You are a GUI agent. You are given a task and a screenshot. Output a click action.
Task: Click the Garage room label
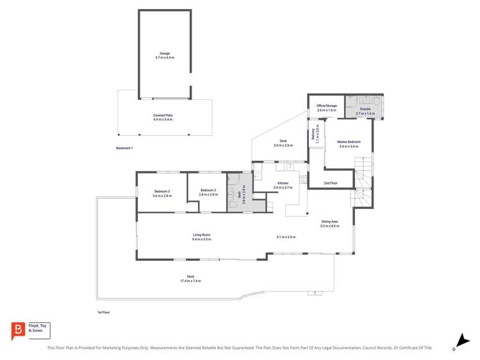coord(164,54)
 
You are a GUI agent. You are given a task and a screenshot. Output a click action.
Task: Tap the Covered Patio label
coord(163,115)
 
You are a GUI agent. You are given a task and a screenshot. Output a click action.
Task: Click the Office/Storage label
coord(326,106)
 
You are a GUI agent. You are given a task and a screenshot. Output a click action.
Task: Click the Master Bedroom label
coord(349,142)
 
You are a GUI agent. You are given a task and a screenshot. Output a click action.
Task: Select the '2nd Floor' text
coord(331,183)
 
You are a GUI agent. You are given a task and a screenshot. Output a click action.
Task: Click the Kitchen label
coord(283,183)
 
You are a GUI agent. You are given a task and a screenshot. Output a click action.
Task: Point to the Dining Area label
coord(329,222)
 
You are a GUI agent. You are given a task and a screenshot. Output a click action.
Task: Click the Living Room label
coord(201,235)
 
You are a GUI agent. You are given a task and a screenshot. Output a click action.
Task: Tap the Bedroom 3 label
coord(162,191)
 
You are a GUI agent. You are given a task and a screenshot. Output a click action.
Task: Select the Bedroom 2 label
coord(208,190)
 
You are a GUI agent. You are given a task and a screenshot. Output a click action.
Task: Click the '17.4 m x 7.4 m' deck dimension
coord(190,281)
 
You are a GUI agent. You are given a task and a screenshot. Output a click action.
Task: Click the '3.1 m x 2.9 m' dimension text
coord(286,237)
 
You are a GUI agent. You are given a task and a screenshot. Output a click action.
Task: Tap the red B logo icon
coord(19,331)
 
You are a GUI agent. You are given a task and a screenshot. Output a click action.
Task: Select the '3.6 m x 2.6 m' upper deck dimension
coord(283,145)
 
